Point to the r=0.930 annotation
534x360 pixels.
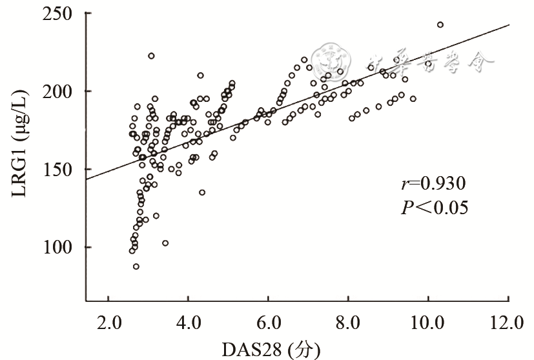pyautogui.click(x=433, y=184)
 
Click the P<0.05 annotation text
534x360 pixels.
pyautogui.click(x=433, y=207)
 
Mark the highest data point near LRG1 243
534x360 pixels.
pyautogui.click(x=440, y=25)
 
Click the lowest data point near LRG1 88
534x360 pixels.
pyautogui.click(x=136, y=266)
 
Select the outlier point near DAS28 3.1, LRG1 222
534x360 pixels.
pyautogui.click(x=151, y=56)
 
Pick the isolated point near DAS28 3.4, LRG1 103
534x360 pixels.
pyautogui.click(x=165, y=243)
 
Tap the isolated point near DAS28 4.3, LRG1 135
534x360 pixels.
pyautogui.click(x=202, y=192)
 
